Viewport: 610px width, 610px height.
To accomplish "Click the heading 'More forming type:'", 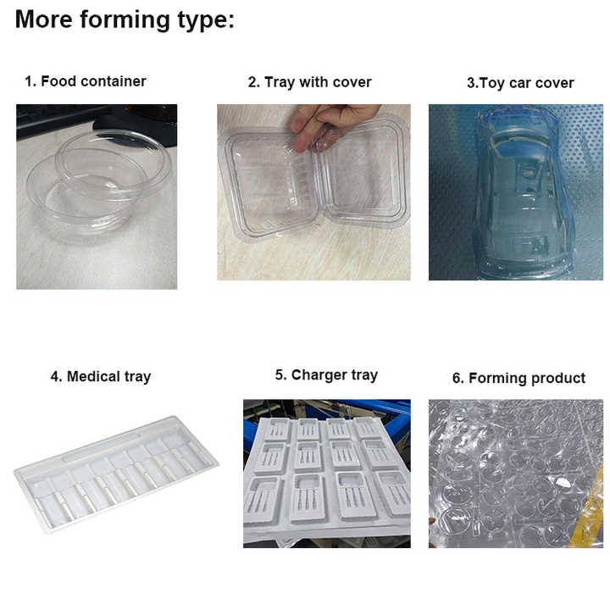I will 125,19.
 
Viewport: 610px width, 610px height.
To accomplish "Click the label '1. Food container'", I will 85,81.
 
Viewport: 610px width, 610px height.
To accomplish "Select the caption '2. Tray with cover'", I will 309,82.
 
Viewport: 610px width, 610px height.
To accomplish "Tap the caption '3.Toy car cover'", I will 520,83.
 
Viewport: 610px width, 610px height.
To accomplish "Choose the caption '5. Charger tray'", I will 326,374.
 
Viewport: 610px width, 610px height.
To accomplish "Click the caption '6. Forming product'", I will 518,378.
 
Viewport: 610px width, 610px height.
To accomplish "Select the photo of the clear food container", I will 97,197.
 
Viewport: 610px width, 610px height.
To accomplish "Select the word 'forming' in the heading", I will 129,19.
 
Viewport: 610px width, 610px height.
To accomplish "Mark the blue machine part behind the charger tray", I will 390,411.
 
